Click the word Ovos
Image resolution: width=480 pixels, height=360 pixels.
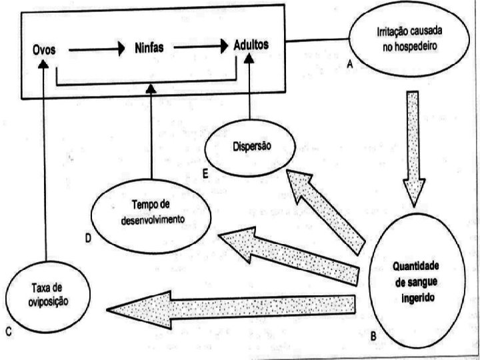pyautogui.click(x=44, y=50)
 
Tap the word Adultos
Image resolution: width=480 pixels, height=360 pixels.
pyautogui.click(x=251, y=45)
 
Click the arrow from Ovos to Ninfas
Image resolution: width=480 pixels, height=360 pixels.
pyautogui.click(x=96, y=49)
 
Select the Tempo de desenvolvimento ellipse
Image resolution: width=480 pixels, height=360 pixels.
pyautogui.click(x=150, y=211)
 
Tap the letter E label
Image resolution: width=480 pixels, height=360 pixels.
pyautogui.click(x=205, y=173)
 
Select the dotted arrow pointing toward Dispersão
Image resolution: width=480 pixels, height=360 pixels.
pyautogui.click(x=327, y=207)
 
